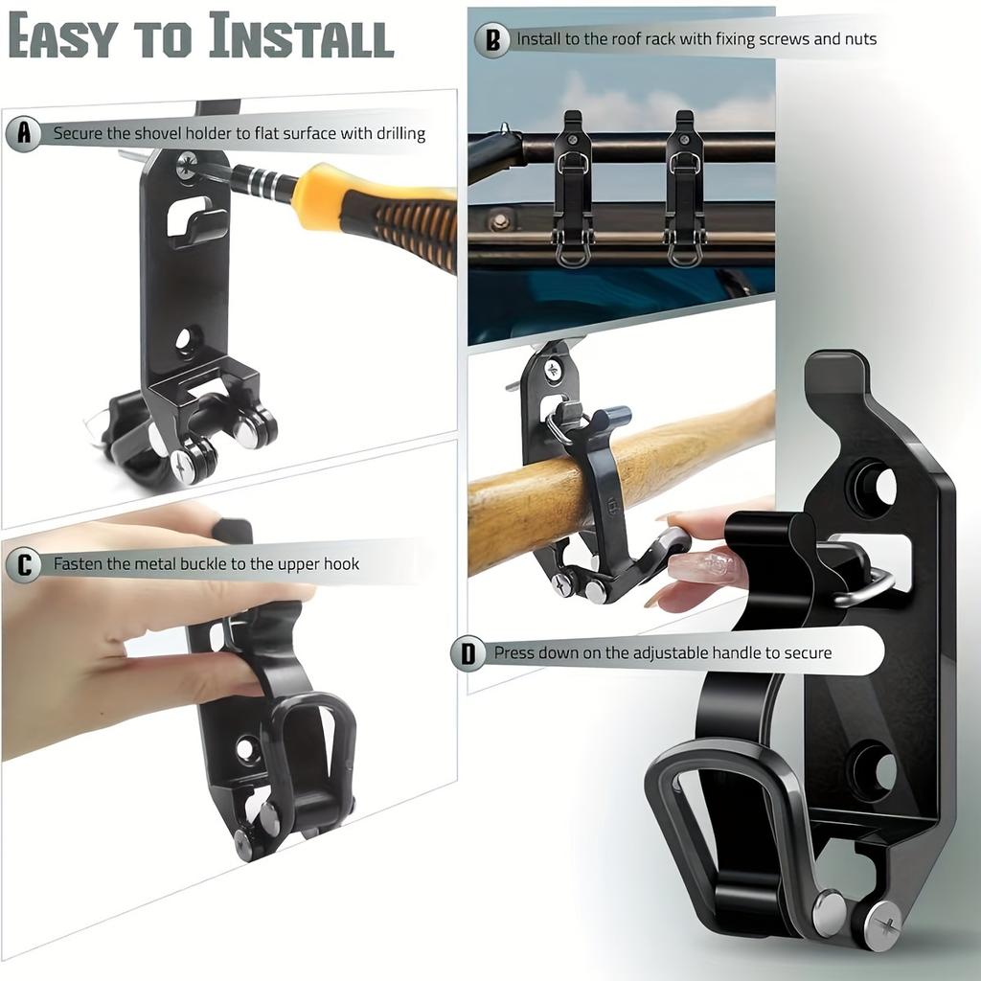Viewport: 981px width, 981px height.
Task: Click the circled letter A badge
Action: pos(24,133)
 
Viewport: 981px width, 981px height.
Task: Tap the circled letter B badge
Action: pos(492,40)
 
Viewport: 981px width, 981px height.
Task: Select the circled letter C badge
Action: pos(24,564)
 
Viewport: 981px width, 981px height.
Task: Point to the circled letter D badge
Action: pos(468,653)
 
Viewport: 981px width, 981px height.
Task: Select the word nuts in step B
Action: pos(857,40)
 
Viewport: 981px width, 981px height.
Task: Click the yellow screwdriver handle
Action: pos(383,216)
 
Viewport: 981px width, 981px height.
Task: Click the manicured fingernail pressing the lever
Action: pos(706,565)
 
